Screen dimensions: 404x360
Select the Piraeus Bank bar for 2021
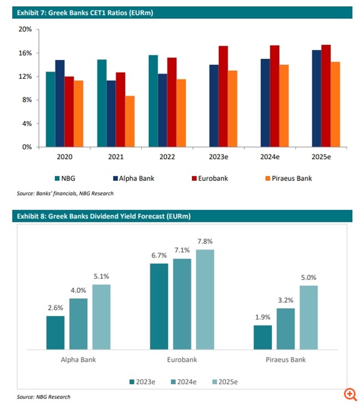click(130, 121)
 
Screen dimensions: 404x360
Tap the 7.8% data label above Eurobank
click(205, 241)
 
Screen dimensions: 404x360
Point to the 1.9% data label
click(263, 317)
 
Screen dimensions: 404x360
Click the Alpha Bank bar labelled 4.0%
click(78, 324)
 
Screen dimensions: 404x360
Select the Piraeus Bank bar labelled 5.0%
click(308, 317)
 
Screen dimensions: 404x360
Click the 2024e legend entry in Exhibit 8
click(183, 381)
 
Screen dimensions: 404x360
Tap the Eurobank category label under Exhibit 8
click(182, 360)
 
